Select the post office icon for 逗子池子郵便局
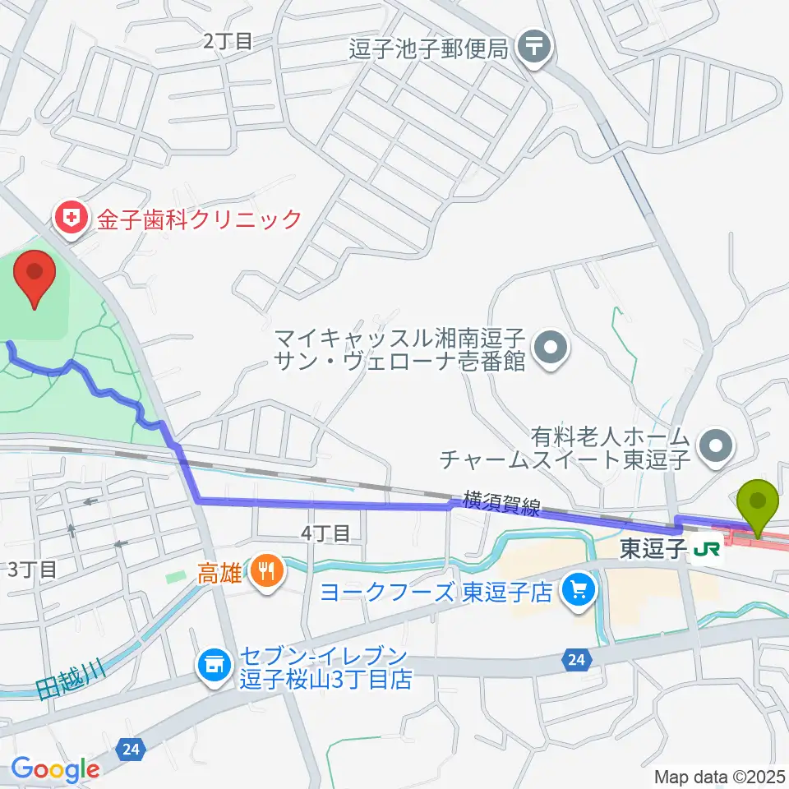click(x=536, y=46)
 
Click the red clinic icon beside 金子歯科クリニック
click(x=72, y=219)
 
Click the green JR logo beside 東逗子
click(x=708, y=549)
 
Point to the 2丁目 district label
click(x=228, y=41)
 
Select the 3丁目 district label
click(x=32, y=569)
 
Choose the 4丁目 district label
click(x=325, y=534)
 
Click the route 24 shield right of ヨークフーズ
click(x=574, y=658)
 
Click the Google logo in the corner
click(x=55, y=769)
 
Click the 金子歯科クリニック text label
click(x=201, y=219)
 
